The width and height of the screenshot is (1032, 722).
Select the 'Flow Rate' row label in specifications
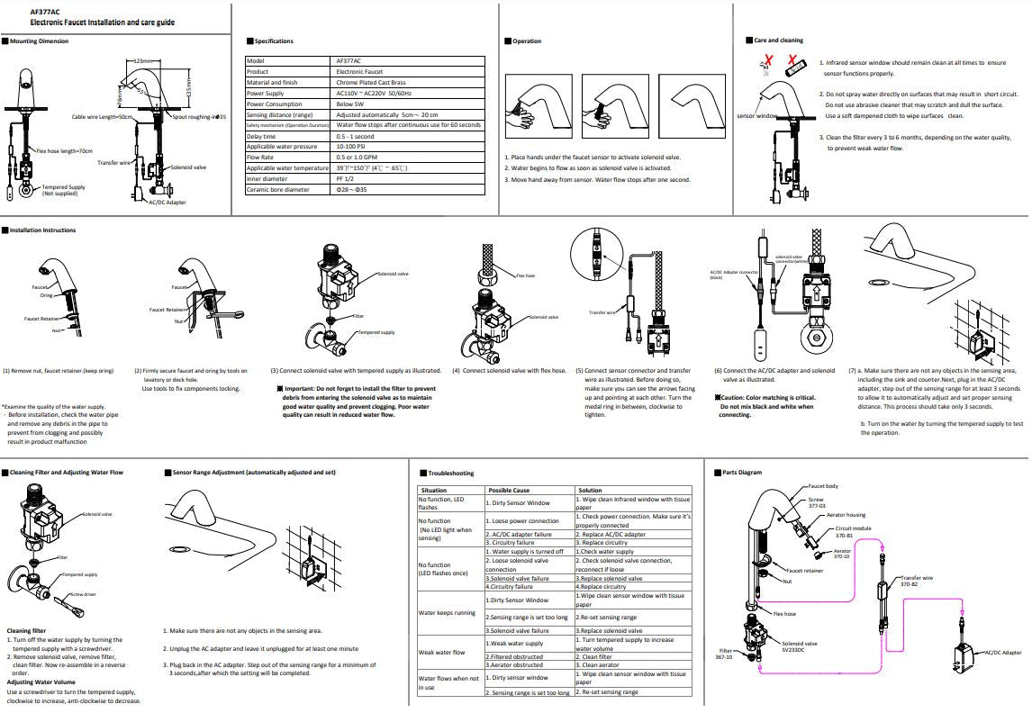[262, 157]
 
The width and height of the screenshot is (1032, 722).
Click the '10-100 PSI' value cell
[352, 146]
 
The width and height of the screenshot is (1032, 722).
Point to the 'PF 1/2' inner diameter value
[346, 178]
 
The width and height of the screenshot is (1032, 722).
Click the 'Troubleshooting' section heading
[450, 473]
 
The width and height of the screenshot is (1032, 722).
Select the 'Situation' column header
[434, 491]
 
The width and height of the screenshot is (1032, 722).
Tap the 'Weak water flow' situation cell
[442, 653]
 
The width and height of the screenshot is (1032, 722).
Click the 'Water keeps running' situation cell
[448, 613]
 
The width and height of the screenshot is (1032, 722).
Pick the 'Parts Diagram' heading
[742, 473]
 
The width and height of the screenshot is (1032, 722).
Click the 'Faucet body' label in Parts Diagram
[822, 486]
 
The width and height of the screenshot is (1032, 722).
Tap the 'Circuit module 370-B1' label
[853, 532]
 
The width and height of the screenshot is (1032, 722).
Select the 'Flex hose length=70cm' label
[64, 150]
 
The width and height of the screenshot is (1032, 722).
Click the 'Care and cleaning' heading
[778, 41]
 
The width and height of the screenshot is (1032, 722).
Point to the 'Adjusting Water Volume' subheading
[40, 681]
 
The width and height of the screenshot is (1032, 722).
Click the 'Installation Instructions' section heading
[42, 230]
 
